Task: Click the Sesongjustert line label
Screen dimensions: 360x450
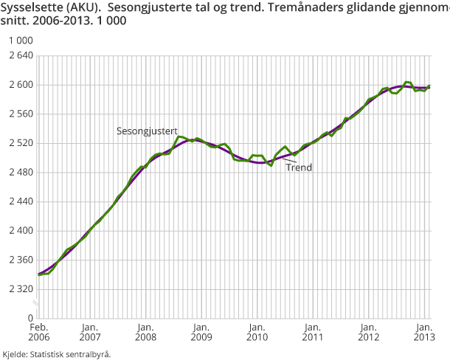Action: [x=147, y=131]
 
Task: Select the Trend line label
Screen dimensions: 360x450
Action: [x=299, y=167]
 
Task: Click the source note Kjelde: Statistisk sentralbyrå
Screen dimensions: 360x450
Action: [x=57, y=354]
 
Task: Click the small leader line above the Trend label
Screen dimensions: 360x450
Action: [x=290, y=159]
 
